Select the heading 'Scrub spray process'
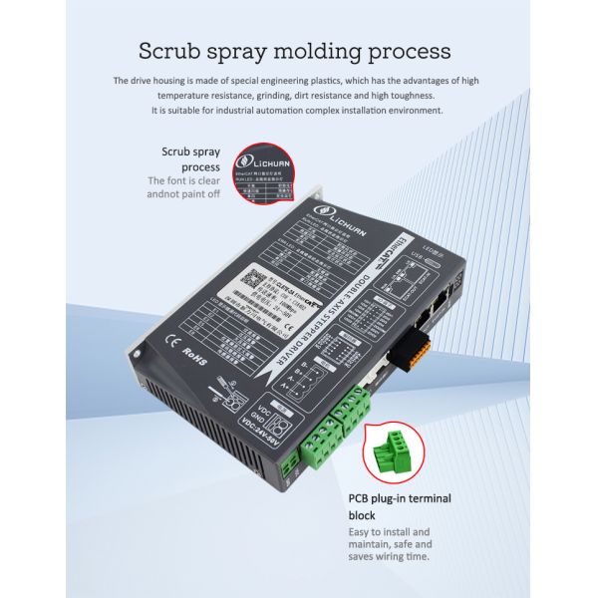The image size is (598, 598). coord(190,159)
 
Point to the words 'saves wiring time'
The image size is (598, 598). coord(392,558)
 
